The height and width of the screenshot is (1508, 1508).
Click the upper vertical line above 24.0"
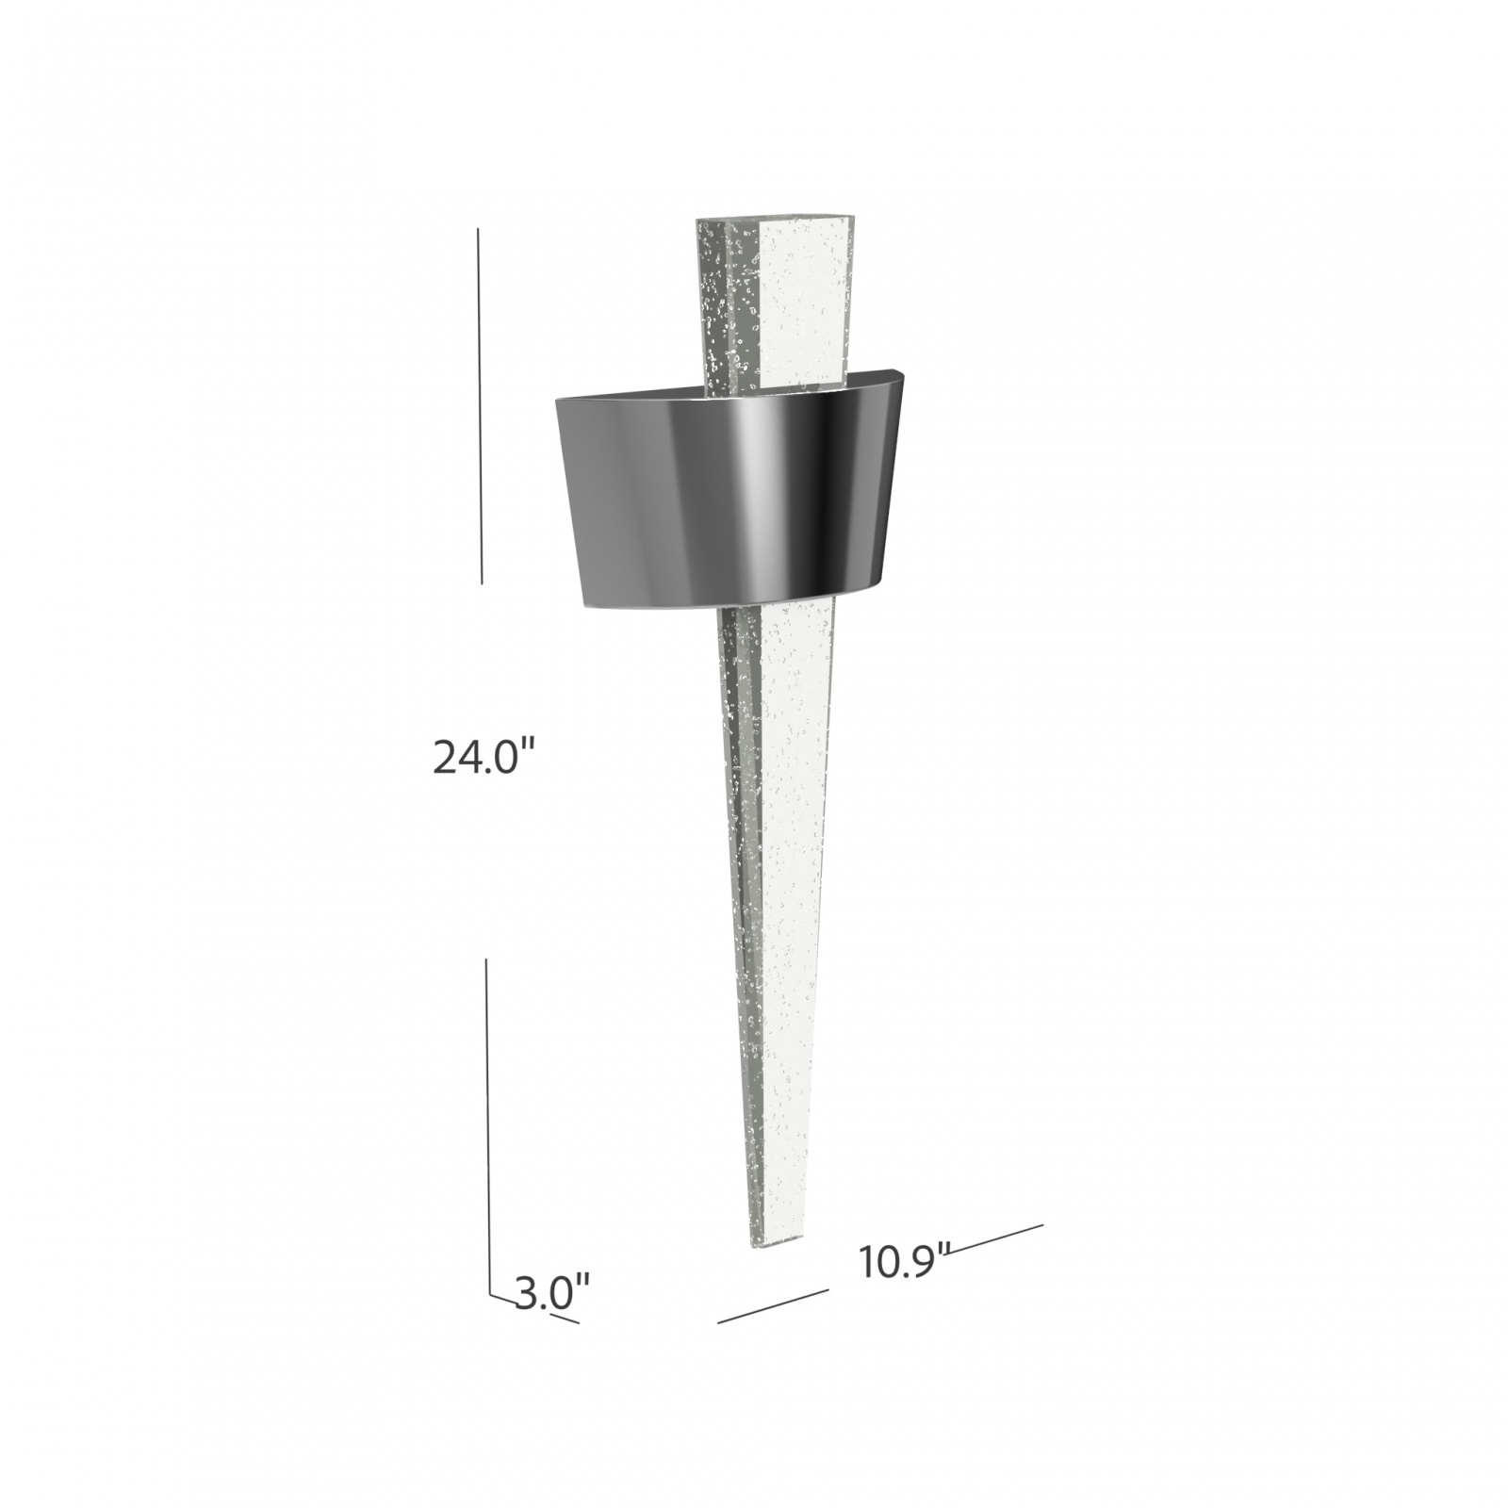(481, 405)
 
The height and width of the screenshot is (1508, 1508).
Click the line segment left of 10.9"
(773, 1306)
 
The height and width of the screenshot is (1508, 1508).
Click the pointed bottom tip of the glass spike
(765, 1242)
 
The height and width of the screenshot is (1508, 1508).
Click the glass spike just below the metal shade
(782, 660)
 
